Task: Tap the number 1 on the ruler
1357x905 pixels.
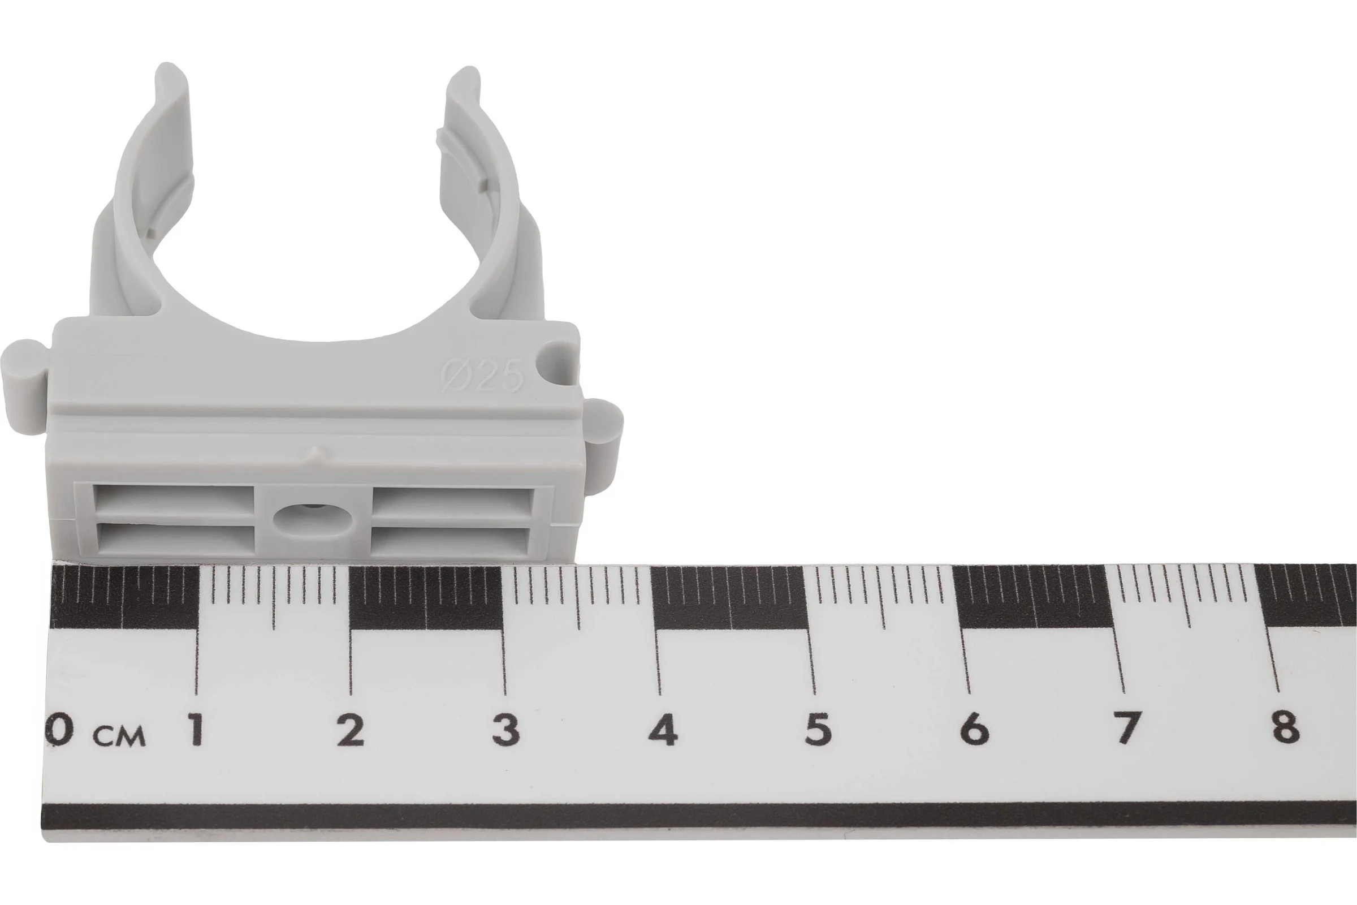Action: click(196, 730)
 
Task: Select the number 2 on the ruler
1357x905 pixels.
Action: click(351, 730)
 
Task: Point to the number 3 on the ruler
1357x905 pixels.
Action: click(506, 730)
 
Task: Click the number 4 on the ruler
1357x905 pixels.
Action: click(662, 730)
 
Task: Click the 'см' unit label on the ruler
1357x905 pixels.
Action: click(120, 736)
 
